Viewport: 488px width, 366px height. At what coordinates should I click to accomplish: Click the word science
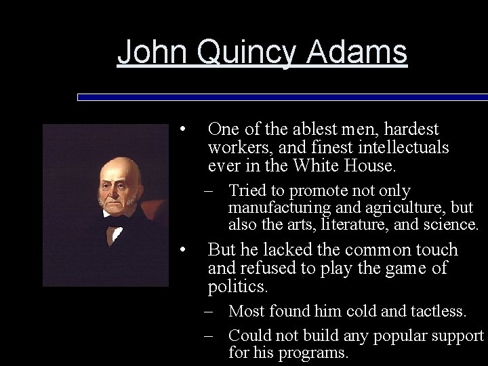point(453,225)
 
